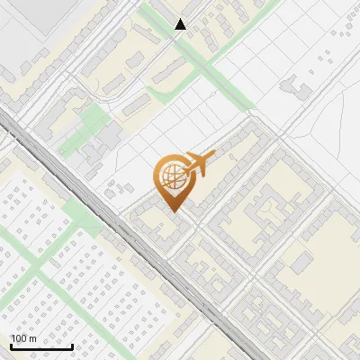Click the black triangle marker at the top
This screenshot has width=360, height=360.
181,24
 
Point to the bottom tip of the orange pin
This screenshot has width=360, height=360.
172,211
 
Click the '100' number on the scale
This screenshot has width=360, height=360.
19,338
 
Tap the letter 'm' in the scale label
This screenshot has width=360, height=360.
32,338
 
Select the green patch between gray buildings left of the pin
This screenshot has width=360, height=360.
89,126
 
